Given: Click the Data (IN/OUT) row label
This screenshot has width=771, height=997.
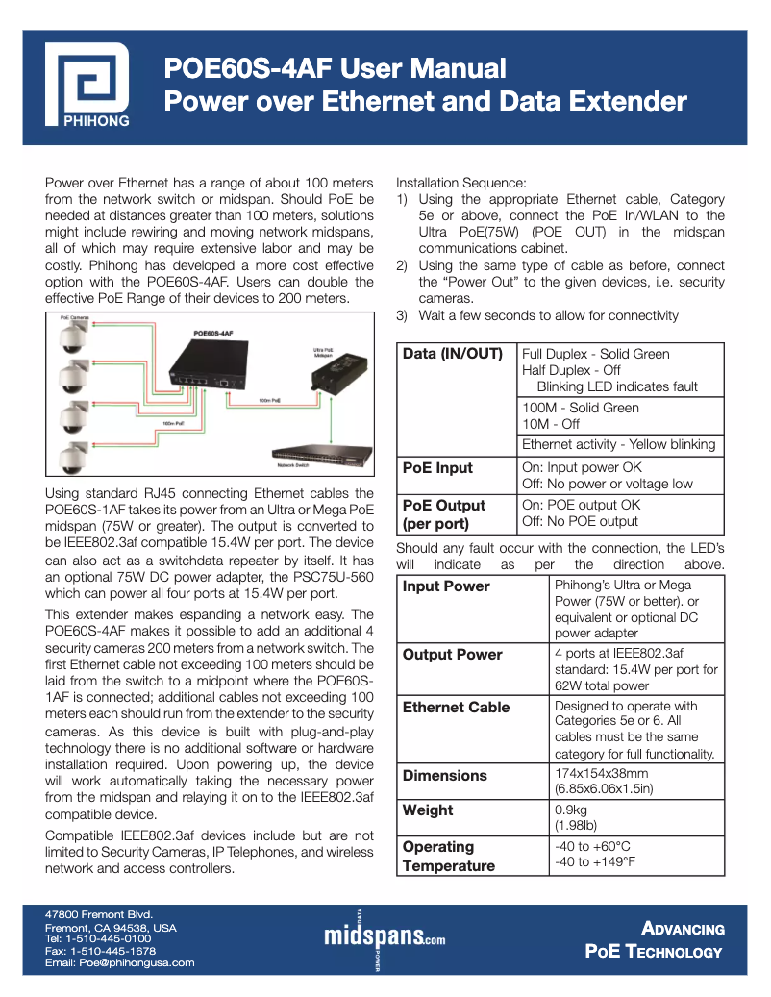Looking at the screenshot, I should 453,354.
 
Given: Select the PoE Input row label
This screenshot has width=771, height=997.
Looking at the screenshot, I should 437,468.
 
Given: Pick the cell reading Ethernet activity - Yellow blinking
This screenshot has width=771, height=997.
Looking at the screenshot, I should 618,444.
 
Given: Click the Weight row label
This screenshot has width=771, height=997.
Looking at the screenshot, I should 428,810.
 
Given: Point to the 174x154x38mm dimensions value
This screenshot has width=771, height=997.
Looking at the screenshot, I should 602,773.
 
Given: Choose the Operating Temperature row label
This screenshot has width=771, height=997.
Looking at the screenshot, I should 449,856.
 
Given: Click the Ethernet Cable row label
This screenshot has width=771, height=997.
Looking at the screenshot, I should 456,708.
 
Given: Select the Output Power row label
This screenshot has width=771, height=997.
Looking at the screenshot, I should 452,655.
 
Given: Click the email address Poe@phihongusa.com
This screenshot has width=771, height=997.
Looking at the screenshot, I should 120,962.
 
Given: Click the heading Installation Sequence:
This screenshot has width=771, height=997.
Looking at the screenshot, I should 461,183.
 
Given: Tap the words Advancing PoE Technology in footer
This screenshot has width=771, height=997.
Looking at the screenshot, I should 656,939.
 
